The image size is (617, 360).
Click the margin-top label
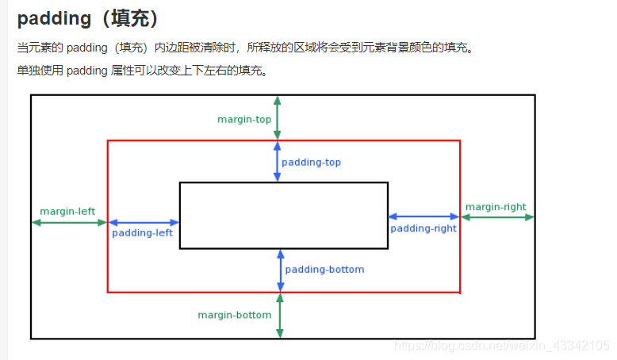[244, 120]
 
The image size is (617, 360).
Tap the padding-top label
[311, 163]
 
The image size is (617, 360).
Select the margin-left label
[67, 211]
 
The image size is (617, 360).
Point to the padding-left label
[142, 233]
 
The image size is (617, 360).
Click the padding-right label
[423, 228]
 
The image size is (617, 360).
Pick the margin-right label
[496, 207]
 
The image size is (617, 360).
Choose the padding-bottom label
[324, 270]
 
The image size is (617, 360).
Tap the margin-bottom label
[235, 315]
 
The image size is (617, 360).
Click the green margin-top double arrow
[277, 118]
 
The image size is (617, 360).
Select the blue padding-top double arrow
[277, 162]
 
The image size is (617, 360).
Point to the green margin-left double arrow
[70, 223]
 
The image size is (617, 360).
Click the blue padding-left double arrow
[144, 223]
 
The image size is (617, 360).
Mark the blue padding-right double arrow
[423, 216]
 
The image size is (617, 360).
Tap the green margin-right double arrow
[497, 216]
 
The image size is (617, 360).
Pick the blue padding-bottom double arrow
[281, 270]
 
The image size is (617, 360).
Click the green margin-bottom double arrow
[280, 316]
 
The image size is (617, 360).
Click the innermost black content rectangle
[283, 215]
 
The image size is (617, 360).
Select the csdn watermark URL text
[501, 346]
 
